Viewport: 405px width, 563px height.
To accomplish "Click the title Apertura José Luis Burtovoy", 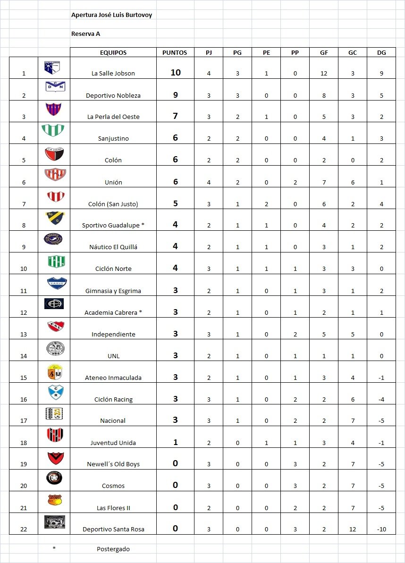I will (x=111, y=15).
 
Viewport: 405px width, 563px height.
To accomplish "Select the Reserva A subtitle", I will (x=85, y=34).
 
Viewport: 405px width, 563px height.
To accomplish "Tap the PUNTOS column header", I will (x=175, y=53).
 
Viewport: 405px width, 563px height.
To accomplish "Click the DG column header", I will (x=381, y=53).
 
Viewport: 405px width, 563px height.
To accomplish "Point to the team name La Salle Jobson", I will (x=113, y=74).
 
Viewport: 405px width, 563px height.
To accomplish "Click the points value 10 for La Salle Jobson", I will (x=176, y=73).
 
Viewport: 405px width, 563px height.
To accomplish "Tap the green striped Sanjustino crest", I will (x=53, y=130).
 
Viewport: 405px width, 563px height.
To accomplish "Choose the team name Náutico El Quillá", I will (x=113, y=247).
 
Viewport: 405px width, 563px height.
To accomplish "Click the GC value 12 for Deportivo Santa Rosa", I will (x=353, y=529).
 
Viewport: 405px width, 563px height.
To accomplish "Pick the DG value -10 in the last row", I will (x=381, y=529).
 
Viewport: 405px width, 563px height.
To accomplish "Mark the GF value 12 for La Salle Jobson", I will (x=324, y=74).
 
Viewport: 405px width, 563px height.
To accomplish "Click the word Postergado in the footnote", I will (x=113, y=549).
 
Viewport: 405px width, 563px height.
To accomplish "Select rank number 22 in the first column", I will (x=24, y=529).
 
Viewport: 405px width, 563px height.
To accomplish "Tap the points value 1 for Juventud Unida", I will (x=176, y=442).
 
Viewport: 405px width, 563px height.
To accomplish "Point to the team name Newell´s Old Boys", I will (x=113, y=464).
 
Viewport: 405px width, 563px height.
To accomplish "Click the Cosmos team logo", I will (x=54, y=478).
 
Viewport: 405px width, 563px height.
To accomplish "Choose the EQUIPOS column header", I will (x=113, y=53).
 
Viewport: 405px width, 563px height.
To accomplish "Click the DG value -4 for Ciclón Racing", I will (x=381, y=399).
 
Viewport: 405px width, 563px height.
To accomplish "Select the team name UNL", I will (x=113, y=356).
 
